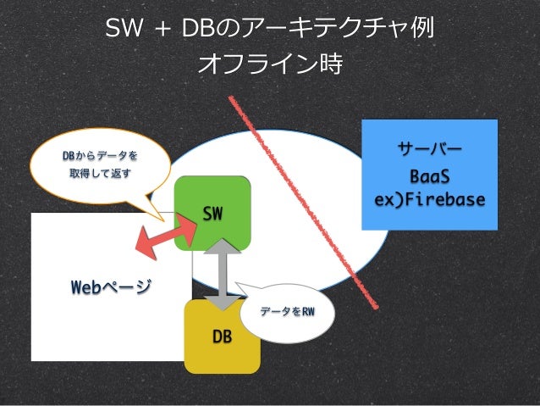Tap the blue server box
click(x=429, y=175)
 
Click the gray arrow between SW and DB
click(x=222, y=273)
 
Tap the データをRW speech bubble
click(x=288, y=313)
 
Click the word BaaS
click(x=429, y=178)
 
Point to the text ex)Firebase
click(x=429, y=200)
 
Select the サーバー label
click(x=429, y=152)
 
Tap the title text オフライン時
click(x=270, y=64)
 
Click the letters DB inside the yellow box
click(x=222, y=336)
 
